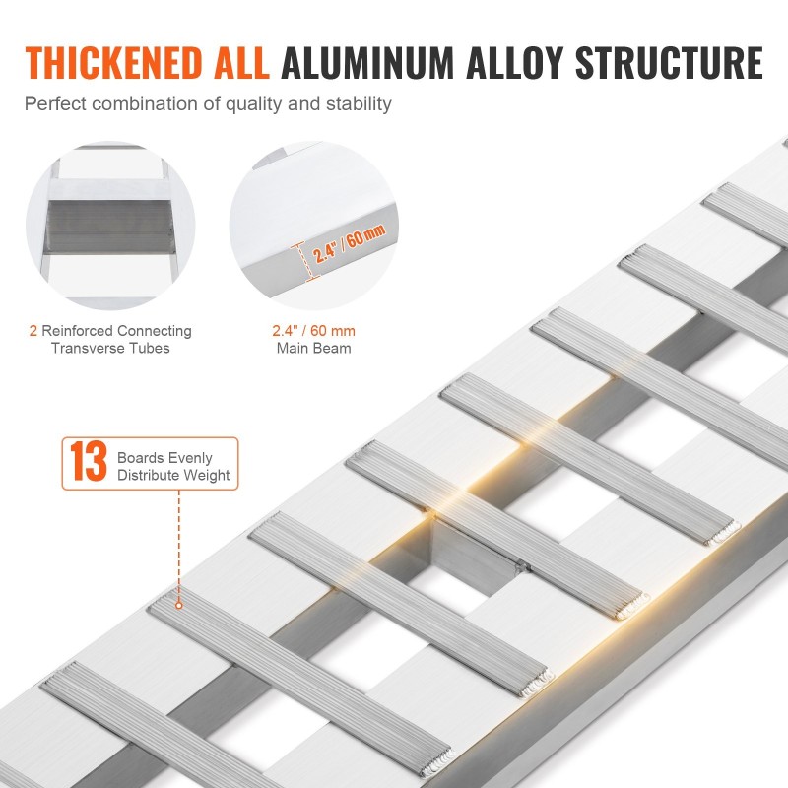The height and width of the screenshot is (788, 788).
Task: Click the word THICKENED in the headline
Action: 113,63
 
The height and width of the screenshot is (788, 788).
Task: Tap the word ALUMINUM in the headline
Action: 367,63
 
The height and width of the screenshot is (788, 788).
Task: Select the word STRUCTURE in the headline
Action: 669,63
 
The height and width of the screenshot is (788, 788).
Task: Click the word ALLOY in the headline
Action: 514,63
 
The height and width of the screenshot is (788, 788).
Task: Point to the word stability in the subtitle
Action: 359,104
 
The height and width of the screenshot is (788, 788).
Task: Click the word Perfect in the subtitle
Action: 55,104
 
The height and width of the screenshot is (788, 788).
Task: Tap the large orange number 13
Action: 89,461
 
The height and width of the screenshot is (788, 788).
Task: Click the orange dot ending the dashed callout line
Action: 179,606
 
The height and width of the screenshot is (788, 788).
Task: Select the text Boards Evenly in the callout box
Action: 164,458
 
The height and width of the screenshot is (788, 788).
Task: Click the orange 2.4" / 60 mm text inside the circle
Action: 350,243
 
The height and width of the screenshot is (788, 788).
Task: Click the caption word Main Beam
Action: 313,348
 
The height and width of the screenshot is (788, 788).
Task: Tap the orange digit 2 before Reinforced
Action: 33,331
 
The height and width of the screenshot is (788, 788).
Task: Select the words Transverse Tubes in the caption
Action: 110,348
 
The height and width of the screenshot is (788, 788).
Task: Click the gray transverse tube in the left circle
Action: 109,227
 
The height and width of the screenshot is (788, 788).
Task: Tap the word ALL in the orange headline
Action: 241,63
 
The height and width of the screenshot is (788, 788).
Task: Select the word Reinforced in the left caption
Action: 77,331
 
